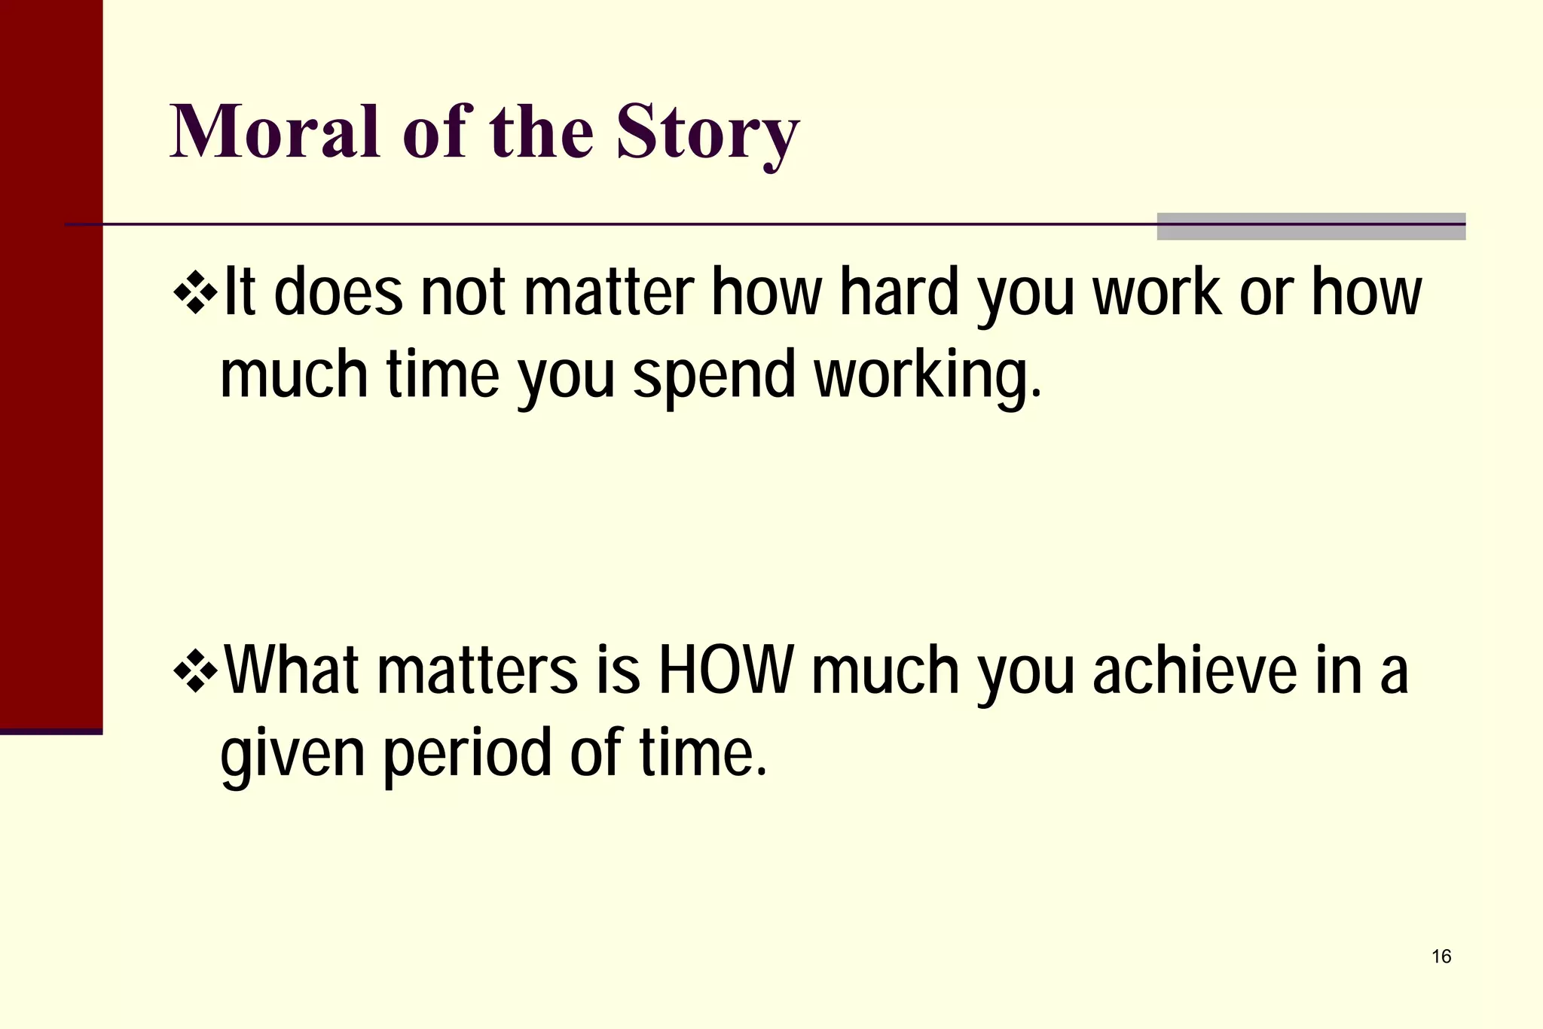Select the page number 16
(1441, 957)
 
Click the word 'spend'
(713, 377)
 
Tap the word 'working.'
(928, 377)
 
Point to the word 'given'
(292, 755)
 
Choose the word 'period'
(467, 755)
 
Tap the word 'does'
(338, 293)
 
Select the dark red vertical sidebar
(50, 362)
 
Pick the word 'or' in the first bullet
(1266, 293)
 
